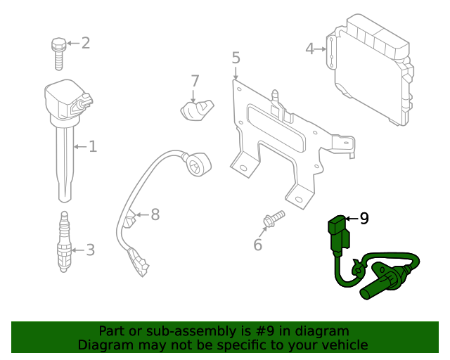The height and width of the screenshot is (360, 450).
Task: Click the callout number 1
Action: click(x=92, y=147)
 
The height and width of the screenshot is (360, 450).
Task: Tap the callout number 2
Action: click(x=85, y=44)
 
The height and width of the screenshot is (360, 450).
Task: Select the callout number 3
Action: click(x=89, y=250)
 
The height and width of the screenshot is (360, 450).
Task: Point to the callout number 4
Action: click(x=310, y=49)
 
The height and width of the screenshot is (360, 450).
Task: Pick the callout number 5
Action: click(x=236, y=58)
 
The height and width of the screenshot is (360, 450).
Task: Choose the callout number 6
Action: click(x=257, y=245)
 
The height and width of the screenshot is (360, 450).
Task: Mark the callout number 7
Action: click(x=195, y=81)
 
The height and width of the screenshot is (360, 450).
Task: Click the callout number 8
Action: click(x=155, y=214)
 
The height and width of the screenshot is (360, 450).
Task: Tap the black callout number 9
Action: click(x=364, y=219)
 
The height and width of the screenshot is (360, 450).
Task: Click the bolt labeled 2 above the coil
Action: click(x=58, y=52)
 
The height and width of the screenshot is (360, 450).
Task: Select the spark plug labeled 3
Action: click(x=64, y=243)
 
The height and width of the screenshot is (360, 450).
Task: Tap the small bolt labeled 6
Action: click(x=273, y=219)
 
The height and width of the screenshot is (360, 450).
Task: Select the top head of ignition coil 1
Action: click(x=67, y=99)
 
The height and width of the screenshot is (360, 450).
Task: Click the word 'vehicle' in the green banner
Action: click(x=342, y=345)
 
